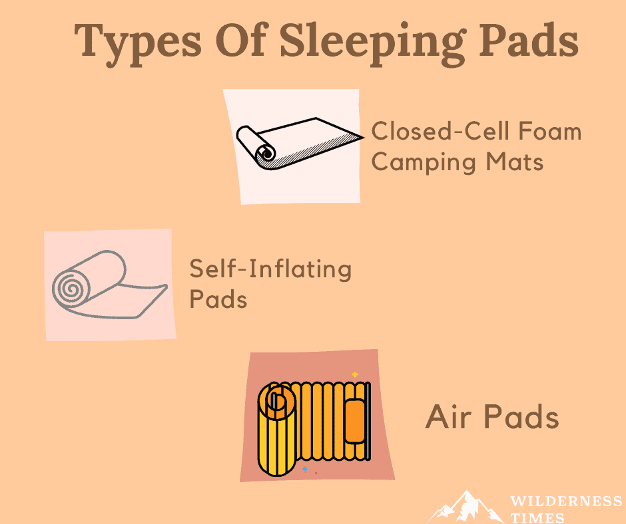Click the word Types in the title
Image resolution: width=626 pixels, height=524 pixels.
(138, 44)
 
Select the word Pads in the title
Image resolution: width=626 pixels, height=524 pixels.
(529, 40)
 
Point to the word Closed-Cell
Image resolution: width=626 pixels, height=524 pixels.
(440, 131)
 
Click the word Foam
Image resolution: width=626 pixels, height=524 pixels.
(549, 131)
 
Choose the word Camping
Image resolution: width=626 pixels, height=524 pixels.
(424, 164)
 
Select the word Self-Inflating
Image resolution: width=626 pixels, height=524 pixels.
(270, 269)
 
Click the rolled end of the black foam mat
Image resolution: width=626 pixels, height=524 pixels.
(265, 153)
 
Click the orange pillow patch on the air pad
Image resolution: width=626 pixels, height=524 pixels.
(355, 421)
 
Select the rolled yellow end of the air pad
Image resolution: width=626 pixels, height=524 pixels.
(277, 429)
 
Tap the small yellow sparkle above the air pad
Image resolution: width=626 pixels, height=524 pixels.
(354, 374)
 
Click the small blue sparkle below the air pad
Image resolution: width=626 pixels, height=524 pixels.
(305, 469)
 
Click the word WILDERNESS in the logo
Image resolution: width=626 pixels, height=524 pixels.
(566, 501)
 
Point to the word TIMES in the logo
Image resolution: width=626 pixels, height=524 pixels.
(537, 518)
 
